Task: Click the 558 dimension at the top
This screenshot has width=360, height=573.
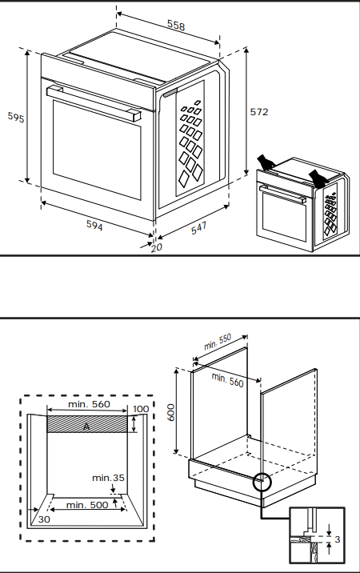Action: click(x=175, y=26)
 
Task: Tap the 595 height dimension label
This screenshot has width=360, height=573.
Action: click(x=15, y=118)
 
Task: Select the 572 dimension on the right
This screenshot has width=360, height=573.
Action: click(x=258, y=112)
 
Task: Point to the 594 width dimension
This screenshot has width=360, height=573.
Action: click(x=94, y=225)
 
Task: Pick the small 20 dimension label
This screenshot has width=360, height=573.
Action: click(x=156, y=247)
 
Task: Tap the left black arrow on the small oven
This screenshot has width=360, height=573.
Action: click(x=266, y=163)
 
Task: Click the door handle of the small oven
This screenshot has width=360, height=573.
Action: click(x=284, y=195)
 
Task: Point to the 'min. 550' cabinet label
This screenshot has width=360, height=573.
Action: click(x=217, y=343)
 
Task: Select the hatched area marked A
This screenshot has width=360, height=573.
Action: click(x=87, y=425)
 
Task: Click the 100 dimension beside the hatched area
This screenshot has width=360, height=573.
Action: click(x=141, y=409)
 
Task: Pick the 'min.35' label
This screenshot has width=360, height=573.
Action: click(x=108, y=478)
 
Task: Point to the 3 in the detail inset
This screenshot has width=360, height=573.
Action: click(x=336, y=539)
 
